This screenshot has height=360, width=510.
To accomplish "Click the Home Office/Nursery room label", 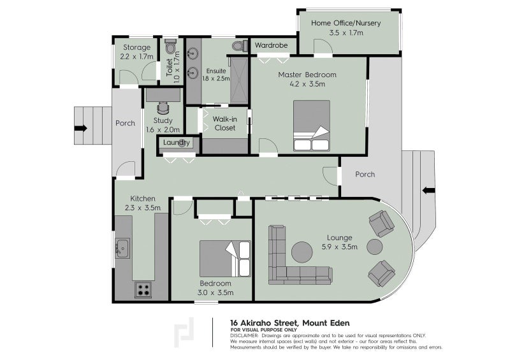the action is tap(346, 23).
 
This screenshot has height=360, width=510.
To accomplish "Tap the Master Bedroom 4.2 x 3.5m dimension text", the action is tap(307, 84).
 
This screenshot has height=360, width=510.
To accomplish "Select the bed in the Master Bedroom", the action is tap(312, 126).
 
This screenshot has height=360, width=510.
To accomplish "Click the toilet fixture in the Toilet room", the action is tap(170, 47).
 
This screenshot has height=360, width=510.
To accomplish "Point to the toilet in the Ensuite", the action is tap(240, 46).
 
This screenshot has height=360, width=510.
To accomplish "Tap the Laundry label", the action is tap(177, 143).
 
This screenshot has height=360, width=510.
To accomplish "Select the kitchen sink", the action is tap(123, 248).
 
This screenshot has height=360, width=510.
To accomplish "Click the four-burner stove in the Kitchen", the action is tap(143, 289).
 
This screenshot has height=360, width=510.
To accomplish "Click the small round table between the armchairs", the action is tap(374, 247).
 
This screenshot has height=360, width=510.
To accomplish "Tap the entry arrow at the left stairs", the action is tap(81, 128).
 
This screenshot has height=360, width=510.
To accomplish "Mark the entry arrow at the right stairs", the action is tap(428, 191).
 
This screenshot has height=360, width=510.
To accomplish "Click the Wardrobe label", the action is tap(271, 45).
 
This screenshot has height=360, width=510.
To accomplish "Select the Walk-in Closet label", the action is tap(225, 124).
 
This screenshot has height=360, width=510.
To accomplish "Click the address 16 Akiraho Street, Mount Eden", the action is tap(290, 323).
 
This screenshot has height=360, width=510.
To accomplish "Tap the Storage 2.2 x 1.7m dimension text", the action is tap(136, 57).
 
